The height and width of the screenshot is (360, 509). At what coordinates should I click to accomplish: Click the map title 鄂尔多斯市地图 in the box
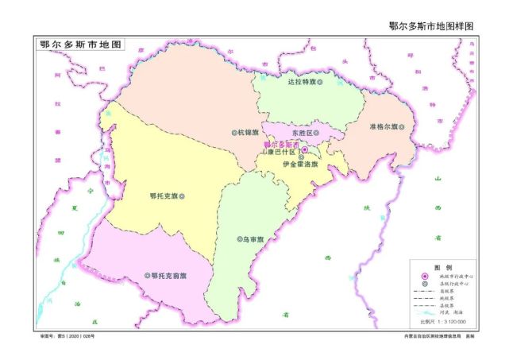(80, 45)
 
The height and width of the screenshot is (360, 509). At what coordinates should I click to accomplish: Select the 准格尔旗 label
(385, 127)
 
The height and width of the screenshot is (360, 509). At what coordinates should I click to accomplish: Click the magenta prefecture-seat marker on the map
(304, 149)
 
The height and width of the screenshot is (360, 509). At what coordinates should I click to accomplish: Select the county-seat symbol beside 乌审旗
(239, 238)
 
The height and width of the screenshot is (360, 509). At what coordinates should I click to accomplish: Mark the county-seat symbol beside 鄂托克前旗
(147, 275)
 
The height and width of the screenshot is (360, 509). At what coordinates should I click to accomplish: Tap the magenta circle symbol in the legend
(423, 276)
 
